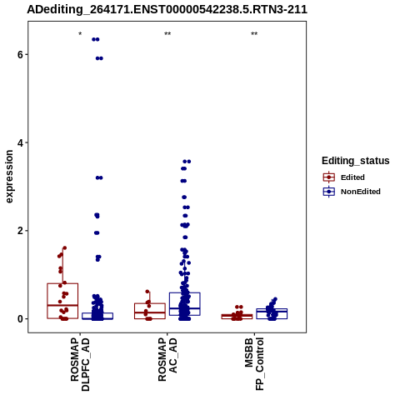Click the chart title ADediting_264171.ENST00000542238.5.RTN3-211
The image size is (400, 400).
[x=167, y=9]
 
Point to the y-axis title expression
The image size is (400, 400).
[x=9, y=177]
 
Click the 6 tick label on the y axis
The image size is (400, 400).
[x=20, y=54]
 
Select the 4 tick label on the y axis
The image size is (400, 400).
[x=20, y=142]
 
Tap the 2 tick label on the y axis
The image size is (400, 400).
[x=20, y=231]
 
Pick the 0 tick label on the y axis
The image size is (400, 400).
[x=20, y=318]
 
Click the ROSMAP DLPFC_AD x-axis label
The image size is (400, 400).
[x=80, y=364]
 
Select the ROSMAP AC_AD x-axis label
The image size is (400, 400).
[x=167, y=359]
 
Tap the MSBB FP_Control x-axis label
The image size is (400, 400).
[x=254, y=364]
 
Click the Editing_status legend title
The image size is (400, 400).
[x=356, y=161]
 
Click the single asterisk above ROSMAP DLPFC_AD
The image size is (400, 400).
[x=80, y=34]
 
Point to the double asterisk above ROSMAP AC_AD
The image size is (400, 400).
[x=167, y=34]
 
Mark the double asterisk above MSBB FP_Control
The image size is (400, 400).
[x=254, y=34]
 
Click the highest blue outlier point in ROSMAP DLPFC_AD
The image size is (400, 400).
[x=96, y=39]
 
